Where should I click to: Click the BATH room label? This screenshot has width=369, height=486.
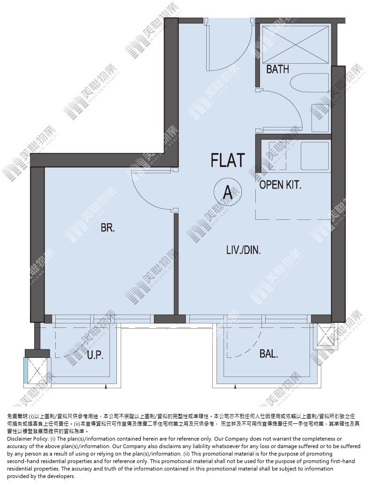pyautogui.click(x=278, y=69)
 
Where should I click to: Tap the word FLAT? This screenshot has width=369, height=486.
pyautogui.click(x=228, y=160)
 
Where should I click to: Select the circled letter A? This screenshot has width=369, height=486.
pyautogui.click(x=228, y=192)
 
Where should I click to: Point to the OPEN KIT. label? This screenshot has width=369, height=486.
pyautogui.click(x=280, y=185)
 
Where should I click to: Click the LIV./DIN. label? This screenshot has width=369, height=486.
pyautogui.click(x=244, y=250)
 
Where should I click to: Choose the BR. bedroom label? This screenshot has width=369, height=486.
pyautogui.click(x=108, y=228)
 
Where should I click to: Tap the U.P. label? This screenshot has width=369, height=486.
pyautogui.click(x=95, y=355)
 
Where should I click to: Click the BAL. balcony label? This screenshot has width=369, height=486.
pyautogui.click(x=268, y=354)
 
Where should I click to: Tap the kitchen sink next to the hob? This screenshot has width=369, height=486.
pyautogui.click(x=314, y=156)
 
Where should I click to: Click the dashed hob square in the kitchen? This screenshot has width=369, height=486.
pyautogui.click(x=278, y=155)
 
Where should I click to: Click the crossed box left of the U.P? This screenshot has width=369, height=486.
pyautogui.click(x=36, y=371)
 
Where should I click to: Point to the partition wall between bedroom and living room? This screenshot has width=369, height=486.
pyautogui.click(x=176, y=264)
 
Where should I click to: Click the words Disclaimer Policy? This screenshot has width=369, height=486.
pyautogui.click(x=27, y=439)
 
